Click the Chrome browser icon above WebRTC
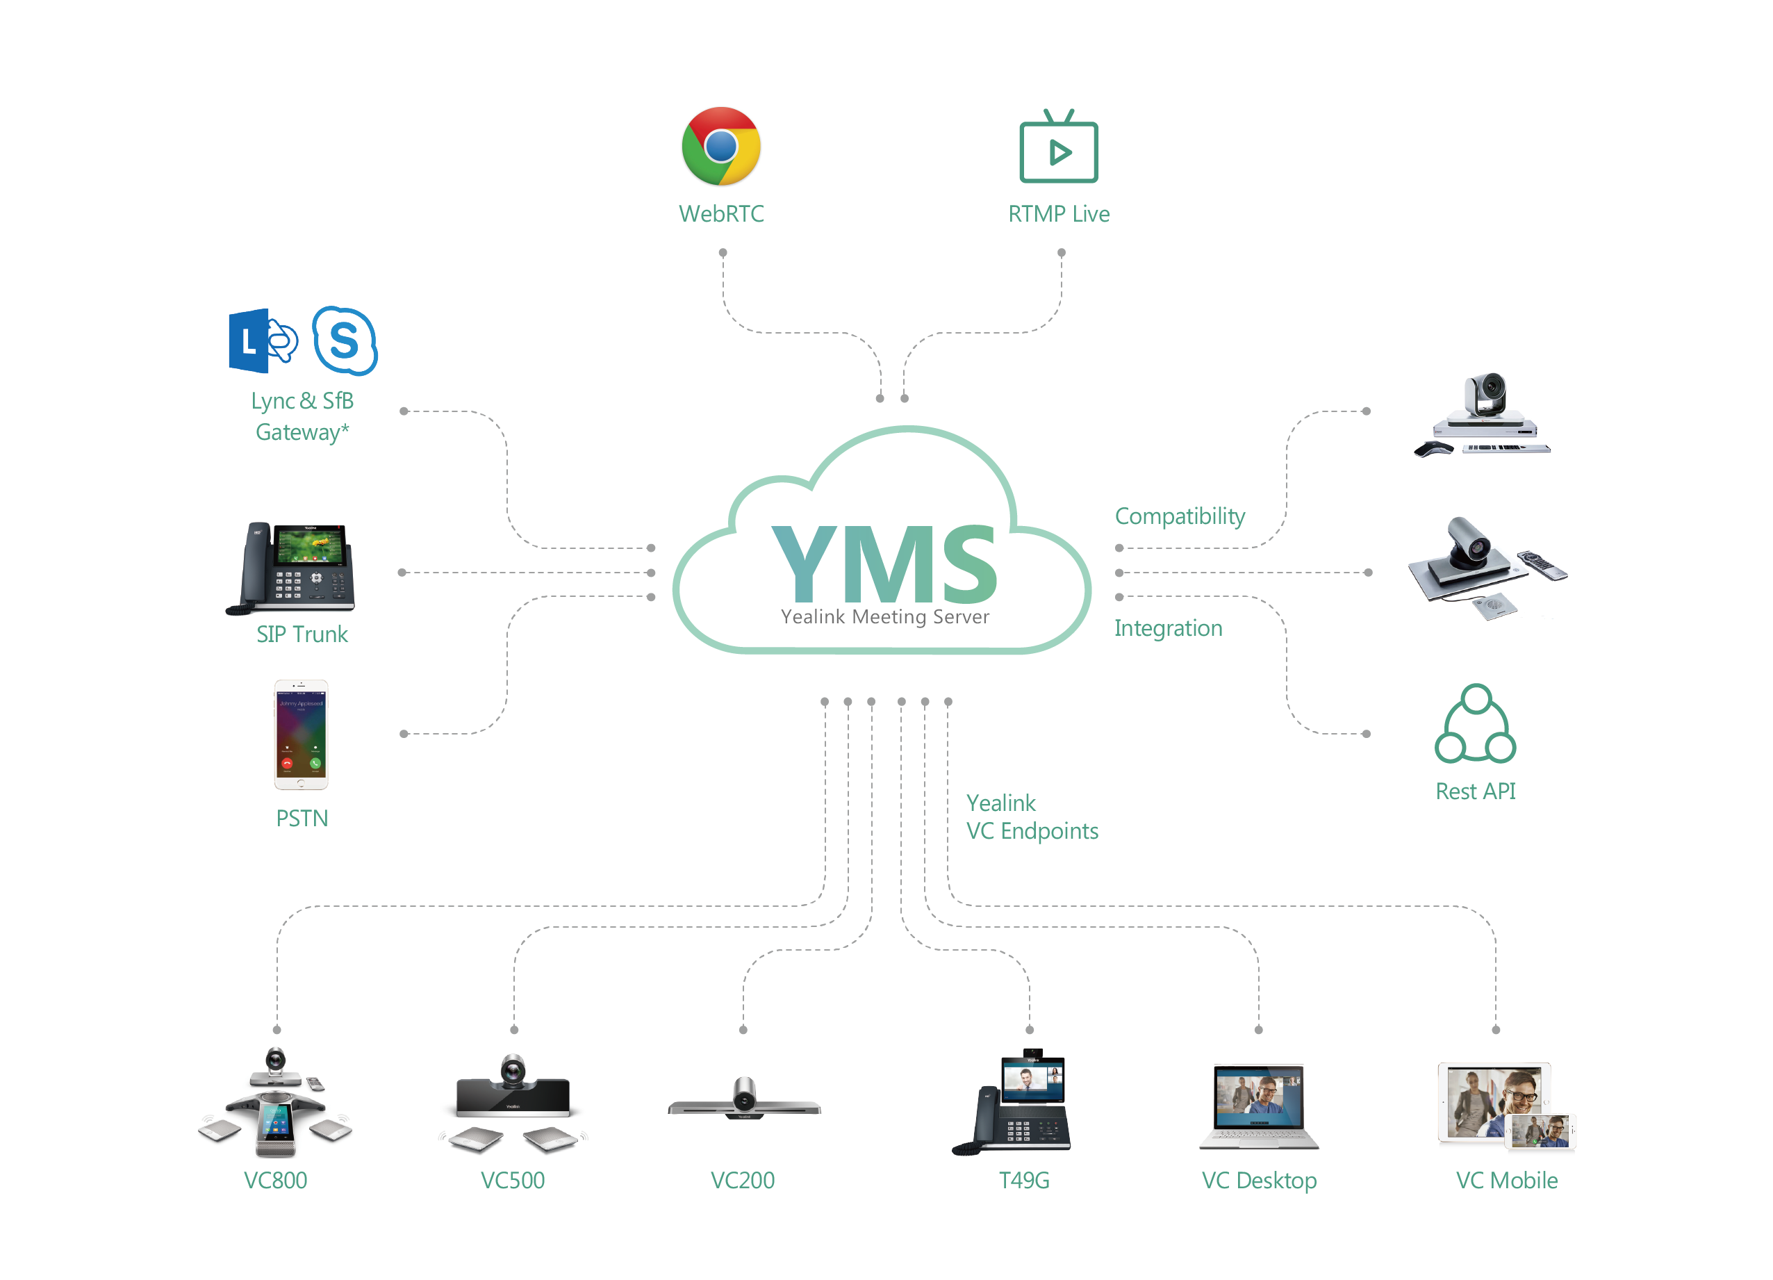[x=720, y=146]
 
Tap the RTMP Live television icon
[x=1059, y=149]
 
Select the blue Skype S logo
[x=345, y=341]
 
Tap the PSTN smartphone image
[x=301, y=735]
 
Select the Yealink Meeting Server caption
[x=884, y=617]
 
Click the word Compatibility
[x=1179, y=516]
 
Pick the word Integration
[x=1167, y=628]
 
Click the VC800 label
[x=275, y=1180]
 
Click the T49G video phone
[x=1016, y=1103]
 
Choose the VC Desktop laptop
[x=1259, y=1106]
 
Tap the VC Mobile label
[x=1506, y=1180]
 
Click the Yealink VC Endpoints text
[x=1031, y=817]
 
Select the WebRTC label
[x=720, y=213]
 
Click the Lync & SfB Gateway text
[x=302, y=416]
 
